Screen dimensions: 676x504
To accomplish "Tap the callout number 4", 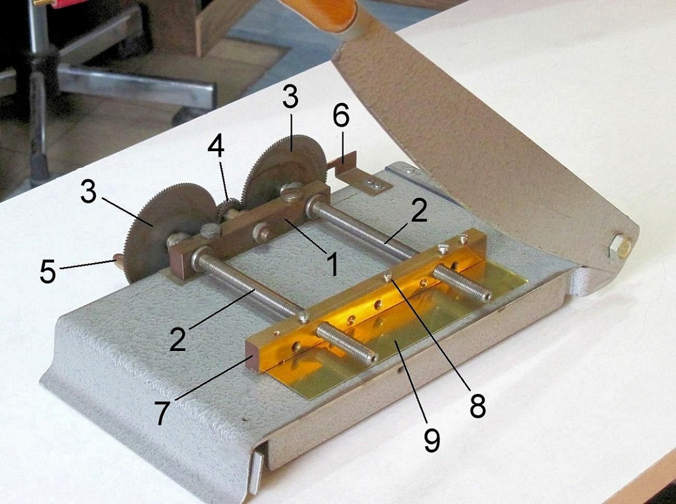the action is point(216,147).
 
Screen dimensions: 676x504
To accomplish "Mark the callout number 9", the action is point(431,440).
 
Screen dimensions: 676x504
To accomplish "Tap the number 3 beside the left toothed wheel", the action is point(89,191).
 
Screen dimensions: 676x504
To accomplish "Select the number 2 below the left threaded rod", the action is point(178,339).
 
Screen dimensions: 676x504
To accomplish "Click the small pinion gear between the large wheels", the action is point(229,208).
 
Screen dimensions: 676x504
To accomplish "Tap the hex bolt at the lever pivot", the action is point(619,246).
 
